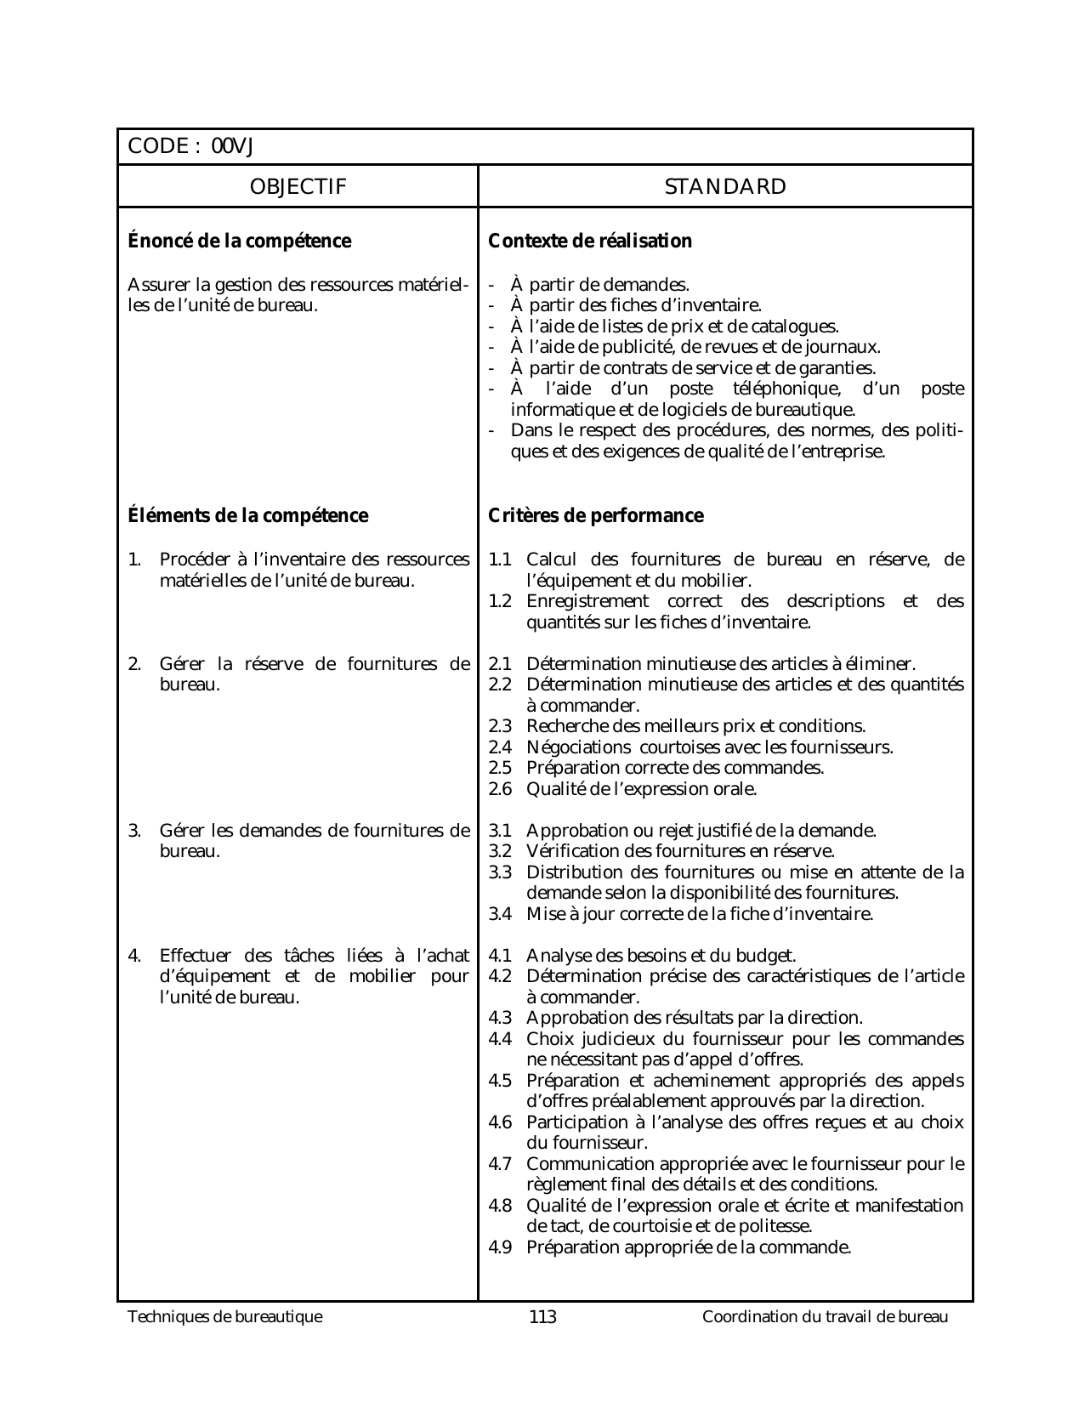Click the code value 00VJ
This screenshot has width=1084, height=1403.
click(233, 147)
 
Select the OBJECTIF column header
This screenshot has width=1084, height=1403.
click(298, 187)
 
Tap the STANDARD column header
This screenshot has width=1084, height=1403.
click(725, 187)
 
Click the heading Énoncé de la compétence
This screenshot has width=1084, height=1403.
click(239, 241)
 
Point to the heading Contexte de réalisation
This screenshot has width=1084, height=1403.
click(590, 241)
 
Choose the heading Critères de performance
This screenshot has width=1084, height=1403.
click(596, 516)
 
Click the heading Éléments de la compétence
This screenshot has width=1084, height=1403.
click(247, 516)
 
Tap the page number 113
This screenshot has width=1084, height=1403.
click(542, 1318)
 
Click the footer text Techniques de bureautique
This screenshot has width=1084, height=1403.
click(225, 1318)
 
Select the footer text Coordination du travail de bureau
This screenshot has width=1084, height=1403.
click(825, 1318)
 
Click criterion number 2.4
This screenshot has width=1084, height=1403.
click(501, 747)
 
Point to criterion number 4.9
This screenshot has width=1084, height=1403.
click(501, 1248)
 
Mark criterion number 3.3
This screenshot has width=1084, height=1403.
click(501, 872)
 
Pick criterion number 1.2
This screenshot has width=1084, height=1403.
click(501, 602)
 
